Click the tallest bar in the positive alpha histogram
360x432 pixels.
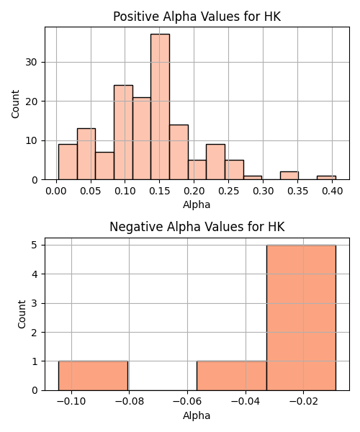[x=160, y=107]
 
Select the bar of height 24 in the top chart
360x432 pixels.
[x=123, y=132]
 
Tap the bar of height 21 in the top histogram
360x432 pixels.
[x=142, y=138]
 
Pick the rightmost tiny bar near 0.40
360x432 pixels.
[x=326, y=178]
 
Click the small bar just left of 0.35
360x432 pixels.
[x=289, y=176]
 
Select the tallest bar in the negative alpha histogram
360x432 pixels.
[x=301, y=318]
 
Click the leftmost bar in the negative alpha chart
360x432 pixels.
[x=93, y=376]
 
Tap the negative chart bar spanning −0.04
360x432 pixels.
[x=231, y=376]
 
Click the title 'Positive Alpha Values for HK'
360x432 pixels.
[x=197, y=17]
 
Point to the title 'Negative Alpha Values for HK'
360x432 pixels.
[x=197, y=227]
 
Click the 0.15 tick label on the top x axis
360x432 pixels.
[x=159, y=191]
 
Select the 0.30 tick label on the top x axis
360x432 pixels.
[x=264, y=191]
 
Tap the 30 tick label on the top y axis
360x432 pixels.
[x=32, y=62]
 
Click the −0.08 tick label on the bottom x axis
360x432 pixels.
[x=129, y=402]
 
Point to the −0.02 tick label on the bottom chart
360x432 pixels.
[x=303, y=402]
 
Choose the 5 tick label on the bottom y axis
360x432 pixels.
[x=35, y=245]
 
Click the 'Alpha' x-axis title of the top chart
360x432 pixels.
[x=197, y=204]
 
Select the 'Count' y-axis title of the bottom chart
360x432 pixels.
[x=22, y=314]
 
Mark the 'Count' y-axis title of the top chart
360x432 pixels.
[x=15, y=104]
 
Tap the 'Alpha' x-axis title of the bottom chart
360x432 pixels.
[x=197, y=415]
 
